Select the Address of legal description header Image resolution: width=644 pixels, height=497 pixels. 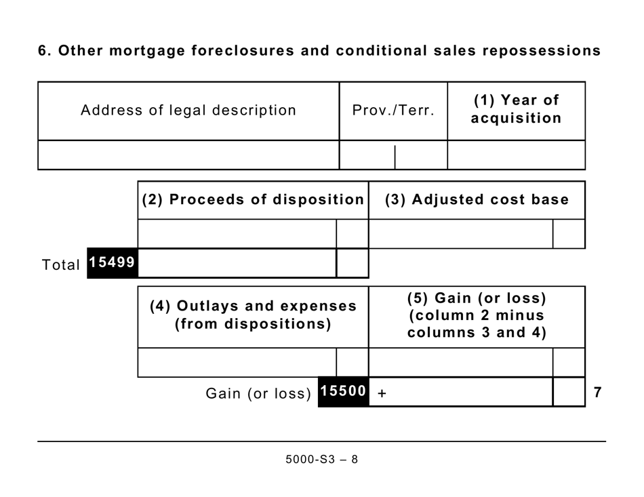(188, 111)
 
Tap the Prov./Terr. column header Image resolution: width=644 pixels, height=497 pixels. (393, 111)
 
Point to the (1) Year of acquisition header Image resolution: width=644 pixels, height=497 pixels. (517, 109)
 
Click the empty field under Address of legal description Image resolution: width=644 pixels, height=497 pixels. (188, 155)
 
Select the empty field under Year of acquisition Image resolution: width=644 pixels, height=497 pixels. (517, 155)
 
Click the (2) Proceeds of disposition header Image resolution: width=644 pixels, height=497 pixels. (253, 200)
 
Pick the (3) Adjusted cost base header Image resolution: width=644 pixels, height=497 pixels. (477, 200)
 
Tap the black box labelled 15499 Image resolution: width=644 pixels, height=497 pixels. (113, 263)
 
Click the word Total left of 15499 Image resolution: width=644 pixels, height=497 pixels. (61, 265)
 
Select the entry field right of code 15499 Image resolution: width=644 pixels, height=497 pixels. (237, 263)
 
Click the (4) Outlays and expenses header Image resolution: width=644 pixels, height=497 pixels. (253, 315)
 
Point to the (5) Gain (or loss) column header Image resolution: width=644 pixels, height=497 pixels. (477, 315)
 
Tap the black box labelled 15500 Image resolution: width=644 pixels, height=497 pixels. (343, 392)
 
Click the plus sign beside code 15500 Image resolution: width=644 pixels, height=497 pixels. (382, 393)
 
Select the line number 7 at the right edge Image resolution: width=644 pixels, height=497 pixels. (597, 392)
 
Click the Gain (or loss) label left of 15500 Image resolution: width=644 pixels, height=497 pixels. (258, 394)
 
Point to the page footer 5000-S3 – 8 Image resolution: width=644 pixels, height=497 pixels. (321, 460)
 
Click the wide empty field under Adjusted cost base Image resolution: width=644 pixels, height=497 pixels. (460, 234)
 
